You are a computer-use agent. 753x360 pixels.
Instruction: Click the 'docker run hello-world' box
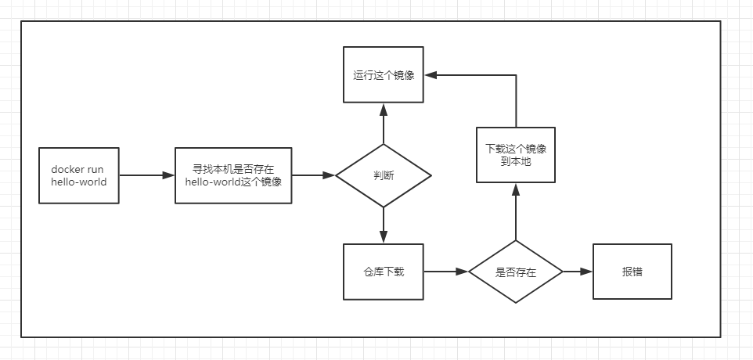78,175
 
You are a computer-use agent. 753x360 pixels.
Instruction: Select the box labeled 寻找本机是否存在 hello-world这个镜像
232,175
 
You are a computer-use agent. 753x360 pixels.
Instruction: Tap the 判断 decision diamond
383,175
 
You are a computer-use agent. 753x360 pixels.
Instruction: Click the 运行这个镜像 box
383,75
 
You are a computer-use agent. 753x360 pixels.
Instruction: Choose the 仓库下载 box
383,272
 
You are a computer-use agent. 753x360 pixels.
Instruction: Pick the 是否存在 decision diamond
515,272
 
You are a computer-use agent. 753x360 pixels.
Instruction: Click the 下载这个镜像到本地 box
515,154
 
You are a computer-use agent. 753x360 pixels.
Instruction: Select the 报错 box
632,272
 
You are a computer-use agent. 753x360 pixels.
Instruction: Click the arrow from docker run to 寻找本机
146,175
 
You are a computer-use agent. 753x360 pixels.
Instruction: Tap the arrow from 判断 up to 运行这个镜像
383,124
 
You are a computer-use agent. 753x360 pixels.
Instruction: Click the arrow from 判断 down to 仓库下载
383,225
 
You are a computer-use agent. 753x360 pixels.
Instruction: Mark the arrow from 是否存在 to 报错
578,272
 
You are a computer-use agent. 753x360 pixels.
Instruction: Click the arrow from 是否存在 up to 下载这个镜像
515,211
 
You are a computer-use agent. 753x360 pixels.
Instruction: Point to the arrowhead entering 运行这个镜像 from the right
430,75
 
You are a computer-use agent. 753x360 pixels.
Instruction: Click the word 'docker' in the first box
67,169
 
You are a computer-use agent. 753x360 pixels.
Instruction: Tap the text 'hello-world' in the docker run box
78,182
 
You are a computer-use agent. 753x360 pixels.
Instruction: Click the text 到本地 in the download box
515,161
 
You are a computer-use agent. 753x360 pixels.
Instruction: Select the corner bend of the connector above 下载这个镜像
515,75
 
